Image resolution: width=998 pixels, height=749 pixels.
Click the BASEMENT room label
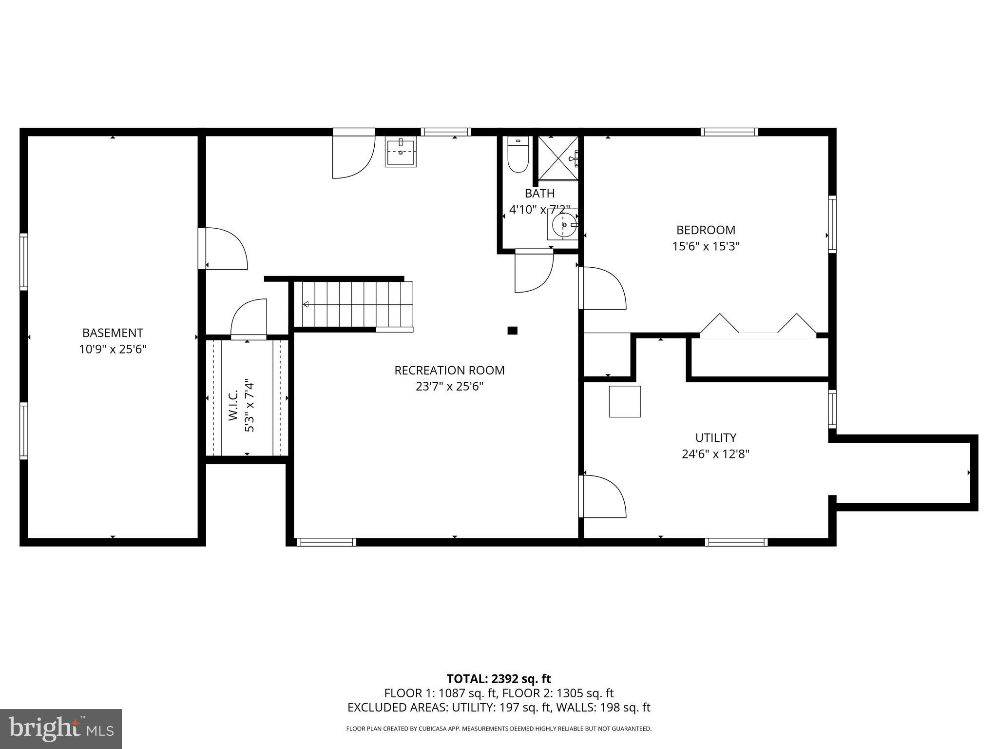[113, 333]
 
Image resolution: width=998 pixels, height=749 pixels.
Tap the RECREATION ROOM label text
[449, 370]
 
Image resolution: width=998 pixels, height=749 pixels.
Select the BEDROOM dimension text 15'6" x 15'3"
[706, 246]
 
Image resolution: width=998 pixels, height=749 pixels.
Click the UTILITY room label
[715, 437]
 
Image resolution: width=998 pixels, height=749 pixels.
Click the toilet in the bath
[518, 155]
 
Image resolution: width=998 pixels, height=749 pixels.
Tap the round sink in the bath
[564, 225]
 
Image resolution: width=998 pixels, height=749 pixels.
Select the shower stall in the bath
[557, 158]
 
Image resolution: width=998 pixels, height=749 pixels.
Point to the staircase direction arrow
[306, 304]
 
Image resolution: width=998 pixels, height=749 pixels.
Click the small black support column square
[512, 331]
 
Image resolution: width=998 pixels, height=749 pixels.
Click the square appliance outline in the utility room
[624, 401]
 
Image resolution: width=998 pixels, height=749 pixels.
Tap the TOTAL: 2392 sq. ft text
[499, 679]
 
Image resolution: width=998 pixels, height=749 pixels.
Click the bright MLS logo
[61, 729]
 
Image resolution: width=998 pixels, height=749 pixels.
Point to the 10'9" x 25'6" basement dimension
[113, 349]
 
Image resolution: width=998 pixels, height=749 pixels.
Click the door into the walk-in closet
[249, 319]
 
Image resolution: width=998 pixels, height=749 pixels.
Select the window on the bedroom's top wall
[729, 132]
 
